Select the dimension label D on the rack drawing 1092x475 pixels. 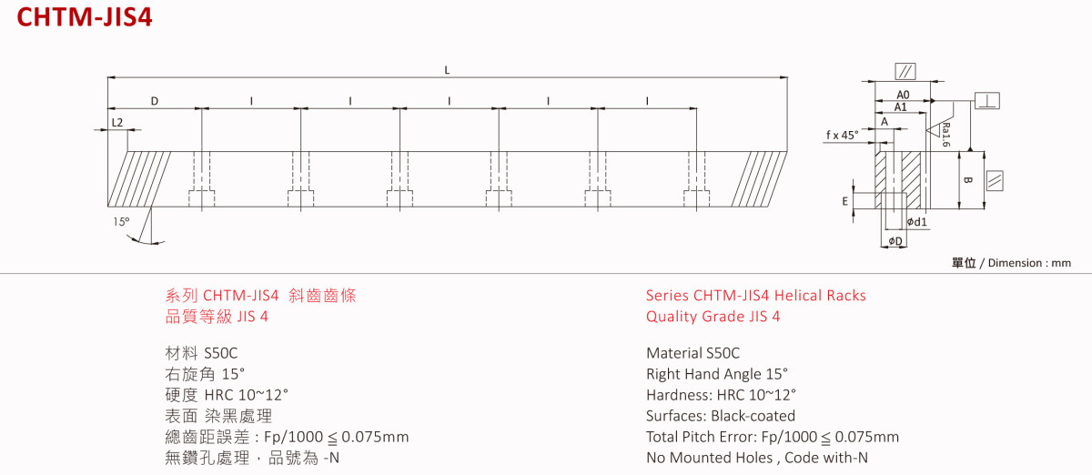pyautogui.click(x=155, y=101)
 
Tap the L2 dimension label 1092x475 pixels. pyautogui.click(x=116, y=122)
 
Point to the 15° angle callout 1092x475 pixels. pyautogui.click(x=121, y=221)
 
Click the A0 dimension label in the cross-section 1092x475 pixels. pyautogui.click(x=903, y=95)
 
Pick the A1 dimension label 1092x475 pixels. pyautogui.click(x=900, y=107)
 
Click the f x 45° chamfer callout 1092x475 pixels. pyautogui.click(x=843, y=135)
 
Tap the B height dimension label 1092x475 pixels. pyautogui.click(x=967, y=180)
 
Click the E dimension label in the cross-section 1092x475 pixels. pyautogui.click(x=845, y=201)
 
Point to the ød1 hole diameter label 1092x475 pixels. pyautogui.click(x=917, y=222)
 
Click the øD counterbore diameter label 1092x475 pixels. pyautogui.click(x=895, y=241)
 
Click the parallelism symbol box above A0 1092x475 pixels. pyautogui.click(x=906, y=71)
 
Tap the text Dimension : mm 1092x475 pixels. pyautogui.click(x=1031, y=263)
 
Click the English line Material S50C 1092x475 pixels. pyautogui.click(x=693, y=353)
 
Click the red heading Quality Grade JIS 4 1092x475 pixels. pyautogui.click(x=713, y=317)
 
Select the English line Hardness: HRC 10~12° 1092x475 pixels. pyautogui.click(x=721, y=395)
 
